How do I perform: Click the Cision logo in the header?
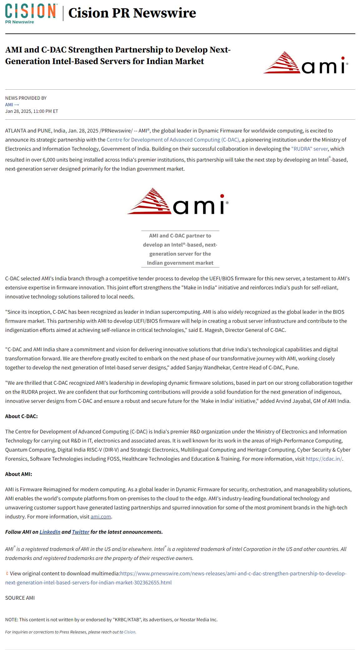coord(31,13)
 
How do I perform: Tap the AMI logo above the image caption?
coord(177,201)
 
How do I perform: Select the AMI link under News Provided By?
coord(12,105)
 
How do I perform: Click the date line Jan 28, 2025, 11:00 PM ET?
coord(32,111)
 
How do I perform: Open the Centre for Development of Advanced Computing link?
coord(173,140)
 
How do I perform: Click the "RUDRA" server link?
coord(309,149)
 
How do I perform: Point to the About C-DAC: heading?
coord(21,416)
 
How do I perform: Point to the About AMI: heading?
coord(18,474)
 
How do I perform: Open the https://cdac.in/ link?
coord(324,459)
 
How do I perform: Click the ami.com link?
coord(101,517)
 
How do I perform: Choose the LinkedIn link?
coord(50,532)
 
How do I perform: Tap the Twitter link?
coord(81,532)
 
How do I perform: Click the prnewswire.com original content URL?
coord(233,573)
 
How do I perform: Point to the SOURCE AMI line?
coord(20,598)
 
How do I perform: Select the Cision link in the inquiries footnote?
coord(130,632)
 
